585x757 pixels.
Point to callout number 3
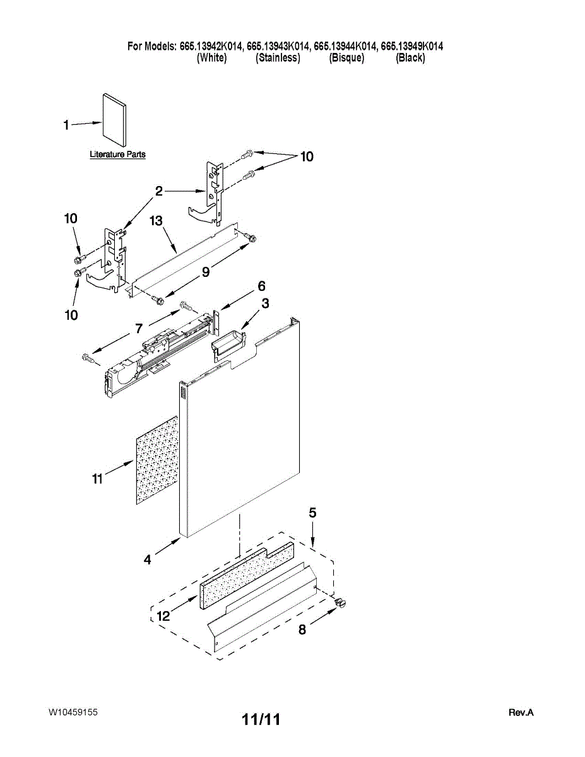pos(265,303)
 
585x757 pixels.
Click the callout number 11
pos(97,479)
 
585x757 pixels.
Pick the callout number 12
pos(163,616)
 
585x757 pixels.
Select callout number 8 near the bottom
pos(302,629)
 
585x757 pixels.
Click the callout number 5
pos(312,513)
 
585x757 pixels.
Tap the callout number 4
pos(147,559)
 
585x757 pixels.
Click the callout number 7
pos(139,327)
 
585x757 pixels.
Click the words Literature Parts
pos(117,155)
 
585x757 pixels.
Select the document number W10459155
pos(73,712)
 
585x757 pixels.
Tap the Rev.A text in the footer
pos(521,713)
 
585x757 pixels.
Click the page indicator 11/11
pos(261,719)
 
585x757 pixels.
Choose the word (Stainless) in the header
pos(278,58)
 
